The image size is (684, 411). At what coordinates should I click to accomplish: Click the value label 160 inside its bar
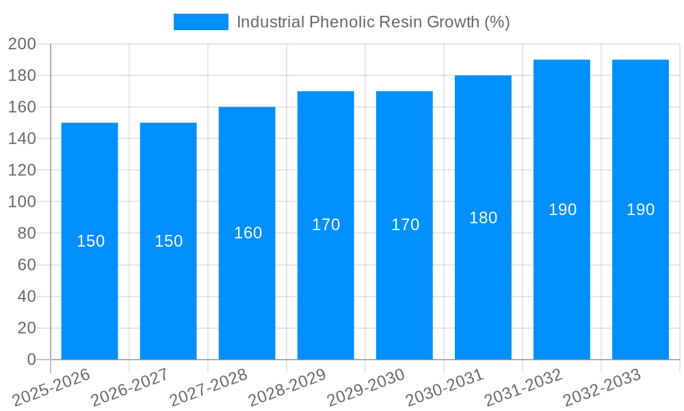[248, 233]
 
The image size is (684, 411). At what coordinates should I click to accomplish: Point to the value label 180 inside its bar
[483, 218]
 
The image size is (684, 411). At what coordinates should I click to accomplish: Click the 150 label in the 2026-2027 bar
[168, 241]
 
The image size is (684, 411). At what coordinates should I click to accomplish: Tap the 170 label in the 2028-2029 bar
[326, 225]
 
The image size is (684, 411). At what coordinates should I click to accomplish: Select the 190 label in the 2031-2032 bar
[562, 210]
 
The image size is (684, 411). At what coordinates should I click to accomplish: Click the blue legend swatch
[200, 22]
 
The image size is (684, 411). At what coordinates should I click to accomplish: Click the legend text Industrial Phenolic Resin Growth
[373, 22]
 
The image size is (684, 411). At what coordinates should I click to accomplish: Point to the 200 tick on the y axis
[22, 44]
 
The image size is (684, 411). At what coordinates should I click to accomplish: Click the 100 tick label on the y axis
[22, 202]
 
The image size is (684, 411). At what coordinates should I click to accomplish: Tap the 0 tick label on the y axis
[31, 360]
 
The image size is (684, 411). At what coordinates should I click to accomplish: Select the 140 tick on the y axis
[22, 139]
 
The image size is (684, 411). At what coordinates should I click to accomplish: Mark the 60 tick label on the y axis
[26, 265]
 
